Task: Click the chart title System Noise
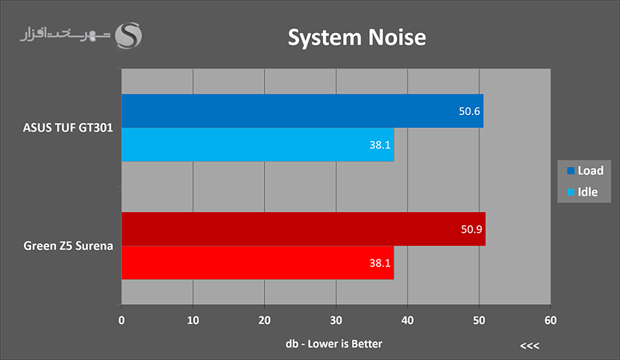coord(356,37)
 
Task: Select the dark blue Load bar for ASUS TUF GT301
coord(302,111)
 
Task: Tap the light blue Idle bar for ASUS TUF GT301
coord(258,145)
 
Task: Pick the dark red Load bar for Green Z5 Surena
coord(303,229)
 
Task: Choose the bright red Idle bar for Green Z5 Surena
coord(258,263)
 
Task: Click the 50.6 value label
coord(470,111)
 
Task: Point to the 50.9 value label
coord(472,229)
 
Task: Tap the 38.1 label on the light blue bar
coord(380,145)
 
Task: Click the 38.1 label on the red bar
coord(380,263)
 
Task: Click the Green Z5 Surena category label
coord(68,246)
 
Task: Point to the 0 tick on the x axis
coord(122,319)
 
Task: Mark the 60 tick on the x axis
coord(550,319)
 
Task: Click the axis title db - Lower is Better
coord(333,343)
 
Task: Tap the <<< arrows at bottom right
coord(529,345)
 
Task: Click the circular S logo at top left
coord(128,36)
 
